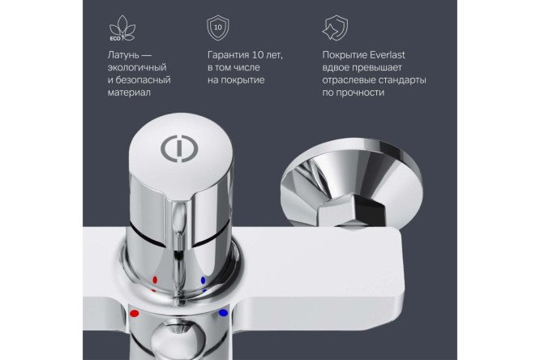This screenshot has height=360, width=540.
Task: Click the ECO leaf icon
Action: (122, 28)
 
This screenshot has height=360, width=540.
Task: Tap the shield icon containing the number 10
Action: (217, 28)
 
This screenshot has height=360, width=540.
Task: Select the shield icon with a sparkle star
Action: (335, 28)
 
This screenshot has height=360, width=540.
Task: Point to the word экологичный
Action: (137, 67)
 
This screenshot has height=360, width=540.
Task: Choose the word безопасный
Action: (144, 80)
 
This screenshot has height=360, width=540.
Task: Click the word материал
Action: (129, 92)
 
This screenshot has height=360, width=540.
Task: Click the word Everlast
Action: (388, 55)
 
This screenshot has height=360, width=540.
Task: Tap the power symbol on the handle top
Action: (179, 148)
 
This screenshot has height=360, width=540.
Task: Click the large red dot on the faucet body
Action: (135, 314)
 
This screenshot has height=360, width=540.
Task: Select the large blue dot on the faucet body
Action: (224, 313)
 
